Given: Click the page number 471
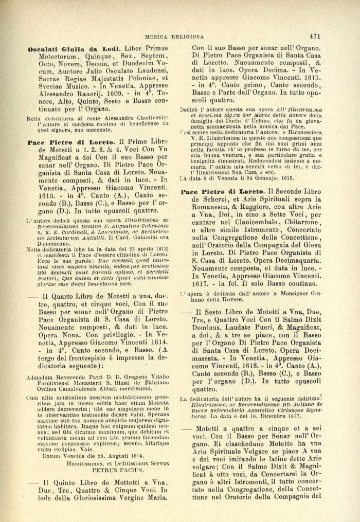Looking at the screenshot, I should [316, 37].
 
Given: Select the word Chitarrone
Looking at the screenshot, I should [301, 226].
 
